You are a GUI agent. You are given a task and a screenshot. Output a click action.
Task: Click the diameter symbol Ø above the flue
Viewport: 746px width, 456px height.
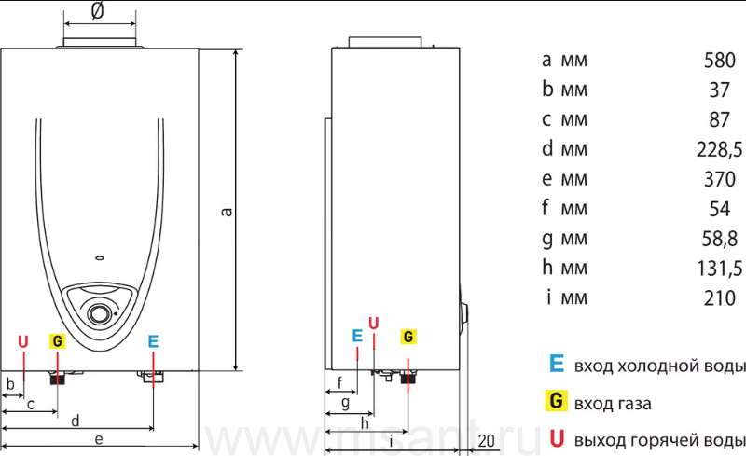click(x=97, y=10)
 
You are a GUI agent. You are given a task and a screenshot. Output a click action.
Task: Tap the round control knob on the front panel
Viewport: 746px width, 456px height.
click(x=99, y=313)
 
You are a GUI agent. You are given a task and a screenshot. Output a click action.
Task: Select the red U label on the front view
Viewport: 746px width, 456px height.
click(x=22, y=341)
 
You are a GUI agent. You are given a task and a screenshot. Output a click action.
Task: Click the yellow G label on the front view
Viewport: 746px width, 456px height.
click(x=57, y=341)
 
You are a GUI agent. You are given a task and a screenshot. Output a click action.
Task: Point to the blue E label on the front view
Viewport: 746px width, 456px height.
click(x=153, y=341)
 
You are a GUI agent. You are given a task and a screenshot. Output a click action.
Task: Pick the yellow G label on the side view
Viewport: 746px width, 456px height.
click(x=408, y=337)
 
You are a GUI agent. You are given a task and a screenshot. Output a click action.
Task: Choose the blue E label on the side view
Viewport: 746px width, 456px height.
click(x=357, y=336)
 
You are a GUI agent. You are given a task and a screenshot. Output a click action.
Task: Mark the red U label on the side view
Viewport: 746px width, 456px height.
click(x=374, y=324)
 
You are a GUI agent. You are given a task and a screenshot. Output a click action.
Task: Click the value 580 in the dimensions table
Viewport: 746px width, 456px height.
click(x=719, y=61)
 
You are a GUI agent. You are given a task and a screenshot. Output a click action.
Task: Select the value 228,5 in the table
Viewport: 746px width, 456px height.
click(x=719, y=150)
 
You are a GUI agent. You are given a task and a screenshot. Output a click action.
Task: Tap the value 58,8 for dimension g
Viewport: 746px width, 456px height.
click(x=719, y=239)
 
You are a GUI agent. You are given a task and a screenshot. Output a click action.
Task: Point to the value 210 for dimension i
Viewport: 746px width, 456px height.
click(x=719, y=298)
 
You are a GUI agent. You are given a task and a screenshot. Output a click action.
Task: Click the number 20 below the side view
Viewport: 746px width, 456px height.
click(x=486, y=441)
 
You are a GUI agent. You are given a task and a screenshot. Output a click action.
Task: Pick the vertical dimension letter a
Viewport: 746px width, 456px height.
click(x=227, y=212)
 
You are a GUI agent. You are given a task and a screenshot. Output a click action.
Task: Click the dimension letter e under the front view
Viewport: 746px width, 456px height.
click(x=99, y=439)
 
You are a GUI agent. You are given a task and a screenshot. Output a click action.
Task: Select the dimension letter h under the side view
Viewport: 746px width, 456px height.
click(x=365, y=422)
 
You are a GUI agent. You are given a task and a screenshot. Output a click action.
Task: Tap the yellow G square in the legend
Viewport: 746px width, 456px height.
click(x=556, y=401)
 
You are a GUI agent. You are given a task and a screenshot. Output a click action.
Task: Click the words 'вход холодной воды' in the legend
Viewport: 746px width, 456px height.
click(x=659, y=366)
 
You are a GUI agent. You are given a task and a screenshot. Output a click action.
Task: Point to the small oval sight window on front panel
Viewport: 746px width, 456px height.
click(x=100, y=258)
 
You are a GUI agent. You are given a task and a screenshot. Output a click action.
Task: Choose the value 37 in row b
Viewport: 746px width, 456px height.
click(x=719, y=90)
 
